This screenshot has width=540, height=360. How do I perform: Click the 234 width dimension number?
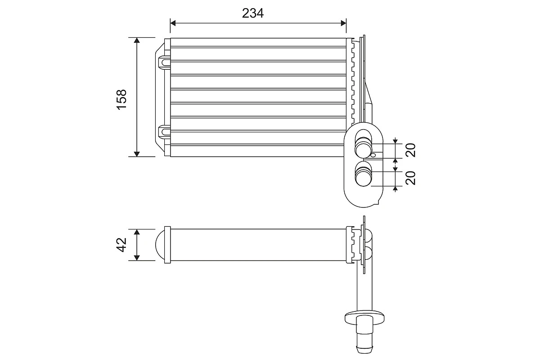coord(252,13)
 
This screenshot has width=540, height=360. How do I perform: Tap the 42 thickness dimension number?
coord(121,245)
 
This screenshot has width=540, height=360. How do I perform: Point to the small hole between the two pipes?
coord(373,156)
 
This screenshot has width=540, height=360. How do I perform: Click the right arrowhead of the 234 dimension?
coord(343,22)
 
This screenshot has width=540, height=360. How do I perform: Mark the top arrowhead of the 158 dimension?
coord(137,40)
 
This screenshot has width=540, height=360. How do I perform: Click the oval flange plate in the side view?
coord(365,316)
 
